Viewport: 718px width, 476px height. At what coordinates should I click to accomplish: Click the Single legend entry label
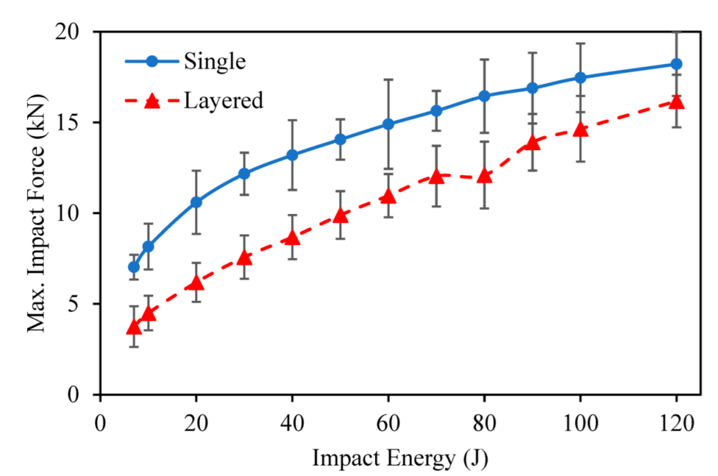tap(215, 61)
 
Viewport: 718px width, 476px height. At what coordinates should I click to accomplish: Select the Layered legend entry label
tap(224, 101)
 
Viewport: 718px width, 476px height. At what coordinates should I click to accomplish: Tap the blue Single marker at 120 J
tap(676, 64)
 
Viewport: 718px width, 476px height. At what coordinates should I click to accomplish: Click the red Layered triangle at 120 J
tap(676, 102)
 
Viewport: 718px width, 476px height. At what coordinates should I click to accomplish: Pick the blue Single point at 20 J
tap(197, 202)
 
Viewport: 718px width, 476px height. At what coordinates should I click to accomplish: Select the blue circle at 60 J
tap(389, 124)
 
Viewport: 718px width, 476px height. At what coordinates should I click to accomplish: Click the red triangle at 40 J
tap(292, 238)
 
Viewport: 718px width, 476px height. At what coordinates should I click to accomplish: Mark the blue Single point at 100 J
tap(581, 78)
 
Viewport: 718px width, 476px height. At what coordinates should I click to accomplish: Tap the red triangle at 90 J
tap(533, 143)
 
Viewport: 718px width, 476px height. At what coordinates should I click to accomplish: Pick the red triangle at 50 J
tap(340, 215)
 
